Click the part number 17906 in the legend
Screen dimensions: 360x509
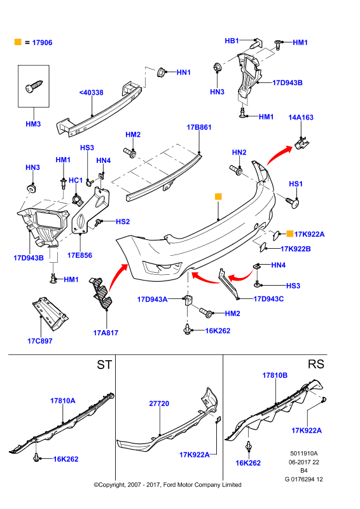42,43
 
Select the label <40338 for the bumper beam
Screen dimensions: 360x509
91,92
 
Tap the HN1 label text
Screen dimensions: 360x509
183,73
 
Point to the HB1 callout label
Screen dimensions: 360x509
232,41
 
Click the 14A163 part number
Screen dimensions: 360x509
301,117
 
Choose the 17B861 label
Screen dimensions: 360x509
199,127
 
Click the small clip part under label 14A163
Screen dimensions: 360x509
302,143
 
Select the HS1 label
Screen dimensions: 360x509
296,184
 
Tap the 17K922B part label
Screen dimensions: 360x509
295,249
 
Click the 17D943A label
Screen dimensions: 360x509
152,299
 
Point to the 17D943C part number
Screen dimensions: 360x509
268,298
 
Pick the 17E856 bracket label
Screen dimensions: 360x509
80,255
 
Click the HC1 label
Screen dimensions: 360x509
76,180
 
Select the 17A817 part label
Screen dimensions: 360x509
106,333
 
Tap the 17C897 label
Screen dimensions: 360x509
39,341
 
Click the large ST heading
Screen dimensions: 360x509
104,365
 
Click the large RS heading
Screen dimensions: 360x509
316,364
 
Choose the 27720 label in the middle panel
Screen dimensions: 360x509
159,403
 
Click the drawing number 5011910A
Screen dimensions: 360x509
304,454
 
